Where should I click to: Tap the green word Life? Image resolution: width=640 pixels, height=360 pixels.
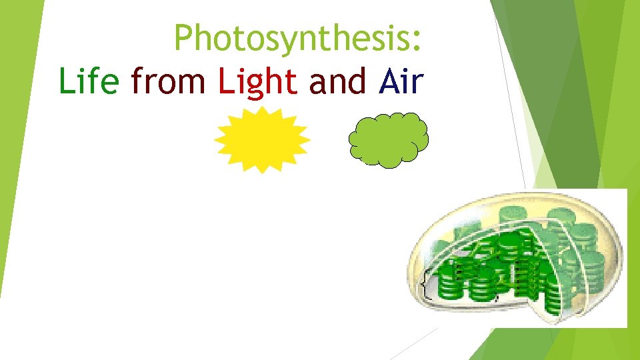[x=89, y=81]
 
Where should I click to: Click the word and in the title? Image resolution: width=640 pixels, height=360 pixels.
[x=338, y=81]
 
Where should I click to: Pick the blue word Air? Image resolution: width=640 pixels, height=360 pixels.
[x=401, y=81]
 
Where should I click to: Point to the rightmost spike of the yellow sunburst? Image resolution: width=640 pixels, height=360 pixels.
[x=308, y=139]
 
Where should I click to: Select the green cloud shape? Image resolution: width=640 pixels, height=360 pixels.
[x=389, y=139]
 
